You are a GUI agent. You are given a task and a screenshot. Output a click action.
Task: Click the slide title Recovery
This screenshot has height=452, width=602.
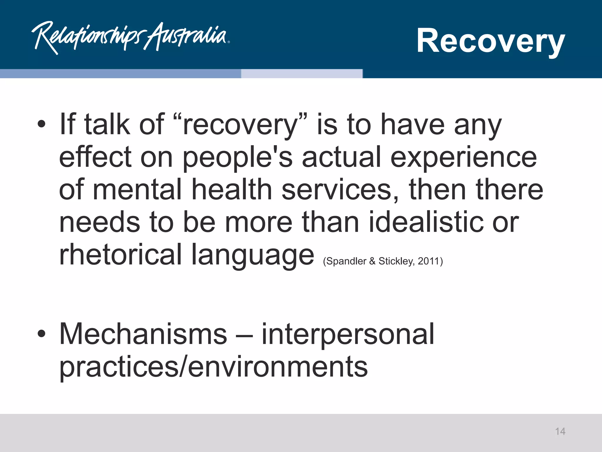click(490, 41)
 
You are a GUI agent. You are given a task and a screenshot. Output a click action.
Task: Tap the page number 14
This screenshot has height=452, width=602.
click(560, 431)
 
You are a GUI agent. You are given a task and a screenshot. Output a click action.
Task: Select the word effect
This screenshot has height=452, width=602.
click(95, 157)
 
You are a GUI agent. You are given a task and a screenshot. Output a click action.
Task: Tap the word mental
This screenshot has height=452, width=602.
click(137, 190)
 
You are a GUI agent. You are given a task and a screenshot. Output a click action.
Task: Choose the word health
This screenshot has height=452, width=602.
click(232, 190)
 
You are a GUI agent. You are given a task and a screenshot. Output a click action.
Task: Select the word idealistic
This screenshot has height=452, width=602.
click(426, 222)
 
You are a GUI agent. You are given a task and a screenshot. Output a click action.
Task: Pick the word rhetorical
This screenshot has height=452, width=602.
click(121, 254)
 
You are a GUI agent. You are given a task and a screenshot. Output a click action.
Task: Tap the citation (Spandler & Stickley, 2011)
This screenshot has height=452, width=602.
click(383, 261)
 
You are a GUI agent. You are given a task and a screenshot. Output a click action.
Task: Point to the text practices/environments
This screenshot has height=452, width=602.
click(213, 367)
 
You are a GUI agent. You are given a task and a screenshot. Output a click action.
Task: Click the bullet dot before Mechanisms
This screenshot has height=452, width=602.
click(41, 334)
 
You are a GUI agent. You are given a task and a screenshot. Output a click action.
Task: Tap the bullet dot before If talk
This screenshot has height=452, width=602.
click(41, 124)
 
